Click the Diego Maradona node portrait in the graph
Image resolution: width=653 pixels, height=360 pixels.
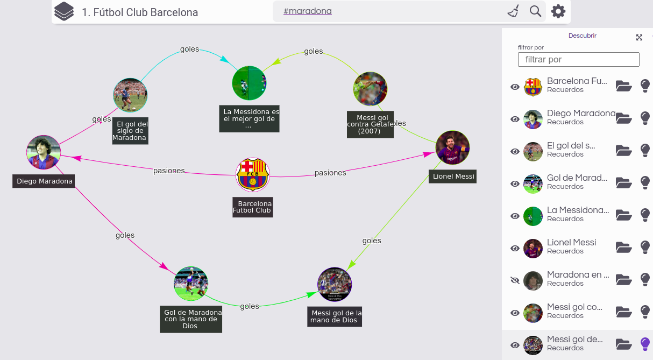click(x=44, y=152)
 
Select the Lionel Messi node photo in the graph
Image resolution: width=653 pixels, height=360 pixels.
click(x=452, y=147)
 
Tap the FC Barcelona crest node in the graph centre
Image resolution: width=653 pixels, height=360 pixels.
click(x=253, y=174)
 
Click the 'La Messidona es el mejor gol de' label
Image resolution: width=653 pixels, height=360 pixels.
click(x=249, y=119)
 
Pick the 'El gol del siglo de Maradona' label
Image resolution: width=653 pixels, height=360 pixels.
click(x=130, y=131)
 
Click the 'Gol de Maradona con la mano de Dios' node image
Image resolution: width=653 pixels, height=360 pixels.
click(x=191, y=283)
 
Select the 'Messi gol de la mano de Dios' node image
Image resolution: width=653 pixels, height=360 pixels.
click(x=335, y=284)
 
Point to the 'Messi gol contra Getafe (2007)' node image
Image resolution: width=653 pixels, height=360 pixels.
click(x=370, y=89)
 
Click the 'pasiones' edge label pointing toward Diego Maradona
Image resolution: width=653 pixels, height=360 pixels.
click(x=169, y=171)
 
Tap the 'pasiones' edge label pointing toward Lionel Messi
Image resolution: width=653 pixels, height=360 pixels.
click(x=330, y=173)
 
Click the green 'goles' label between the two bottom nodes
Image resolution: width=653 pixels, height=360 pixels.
click(x=250, y=306)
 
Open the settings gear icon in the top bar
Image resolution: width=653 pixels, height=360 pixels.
click(x=558, y=11)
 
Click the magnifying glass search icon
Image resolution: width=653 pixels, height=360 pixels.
click(x=535, y=11)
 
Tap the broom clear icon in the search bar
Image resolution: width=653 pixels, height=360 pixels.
click(x=513, y=11)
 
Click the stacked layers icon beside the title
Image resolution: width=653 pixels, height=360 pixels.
click(x=64, y=11)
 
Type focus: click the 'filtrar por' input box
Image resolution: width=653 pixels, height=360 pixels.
click(x=578, y=59)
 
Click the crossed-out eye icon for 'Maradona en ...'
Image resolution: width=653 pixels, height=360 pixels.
click(x=515, y=280)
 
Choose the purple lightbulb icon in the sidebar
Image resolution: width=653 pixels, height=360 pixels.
click(x=645, y=344)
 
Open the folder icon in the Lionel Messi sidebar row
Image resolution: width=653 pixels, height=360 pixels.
click(x=623, y=248)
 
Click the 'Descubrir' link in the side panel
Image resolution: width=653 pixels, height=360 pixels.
click(x=583, y=36)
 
